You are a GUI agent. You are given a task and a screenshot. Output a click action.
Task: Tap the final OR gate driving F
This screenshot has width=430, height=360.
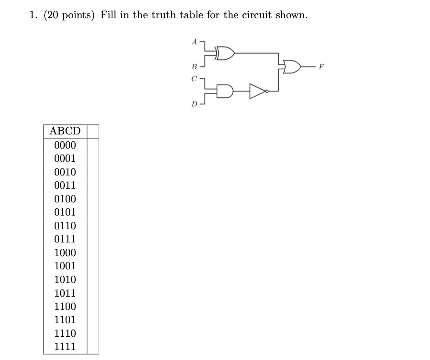[x=292, y=68]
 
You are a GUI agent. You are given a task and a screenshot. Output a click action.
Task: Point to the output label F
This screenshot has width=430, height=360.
[x=322, y=69]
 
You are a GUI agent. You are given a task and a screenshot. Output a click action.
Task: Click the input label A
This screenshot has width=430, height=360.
[x=194, y=41]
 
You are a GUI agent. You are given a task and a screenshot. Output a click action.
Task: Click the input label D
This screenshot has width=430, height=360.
[x=194, y=104]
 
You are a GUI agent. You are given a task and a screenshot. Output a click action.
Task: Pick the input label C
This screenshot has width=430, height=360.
[x=194, y=78]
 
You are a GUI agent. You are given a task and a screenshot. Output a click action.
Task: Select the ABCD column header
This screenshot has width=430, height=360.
[x=65, y=131]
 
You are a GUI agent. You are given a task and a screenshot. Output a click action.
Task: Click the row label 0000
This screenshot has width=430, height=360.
[x=65, y=146]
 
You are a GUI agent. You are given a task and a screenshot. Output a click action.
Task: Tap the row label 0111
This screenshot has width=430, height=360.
[x=65, y=239]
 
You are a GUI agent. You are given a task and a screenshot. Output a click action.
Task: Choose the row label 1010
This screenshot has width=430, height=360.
[x=65, y=280]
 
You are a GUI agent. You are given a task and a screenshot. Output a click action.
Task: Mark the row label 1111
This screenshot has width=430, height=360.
[x=65, y=347]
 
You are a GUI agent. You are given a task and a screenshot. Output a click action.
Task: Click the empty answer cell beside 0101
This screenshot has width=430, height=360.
[x=93, y=212]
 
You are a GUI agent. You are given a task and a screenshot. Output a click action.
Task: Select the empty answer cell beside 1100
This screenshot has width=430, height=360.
[x=93, y=307]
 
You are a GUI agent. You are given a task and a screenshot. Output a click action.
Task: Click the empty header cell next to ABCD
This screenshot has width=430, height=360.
[x=93, y=131]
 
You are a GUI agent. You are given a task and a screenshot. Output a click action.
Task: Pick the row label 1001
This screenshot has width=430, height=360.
[x=65, y=266]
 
